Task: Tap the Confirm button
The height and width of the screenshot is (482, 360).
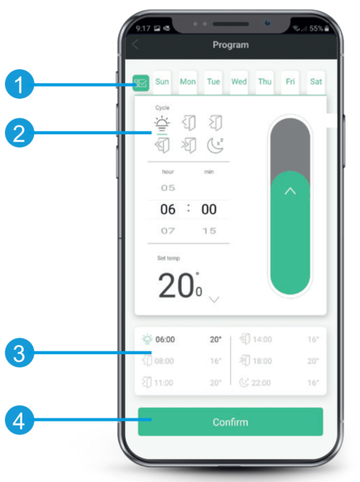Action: coord(230,421)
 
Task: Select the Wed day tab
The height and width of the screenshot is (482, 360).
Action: coord(239,82)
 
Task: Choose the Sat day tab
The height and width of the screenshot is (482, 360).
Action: coord(316,82)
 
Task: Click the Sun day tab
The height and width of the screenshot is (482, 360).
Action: coord(162,82)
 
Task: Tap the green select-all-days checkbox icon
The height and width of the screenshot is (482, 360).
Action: coord(141,83)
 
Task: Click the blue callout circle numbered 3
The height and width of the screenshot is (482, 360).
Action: coord(19,353)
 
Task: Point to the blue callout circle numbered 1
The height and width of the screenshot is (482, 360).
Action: coord(19,84)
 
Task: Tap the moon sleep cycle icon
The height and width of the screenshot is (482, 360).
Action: coord(215,145)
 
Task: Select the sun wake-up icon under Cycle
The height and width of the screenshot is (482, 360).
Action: coord(162,123)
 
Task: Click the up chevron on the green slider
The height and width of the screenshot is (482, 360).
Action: coord(290,191)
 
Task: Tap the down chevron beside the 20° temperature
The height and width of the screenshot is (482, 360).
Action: coord(214,299)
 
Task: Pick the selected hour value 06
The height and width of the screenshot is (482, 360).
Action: coord(168,209)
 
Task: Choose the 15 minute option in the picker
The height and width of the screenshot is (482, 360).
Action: coord(209,231)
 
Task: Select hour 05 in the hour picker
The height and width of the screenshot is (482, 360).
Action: coord(168,188)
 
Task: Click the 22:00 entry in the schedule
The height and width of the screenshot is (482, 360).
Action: coord(261,382)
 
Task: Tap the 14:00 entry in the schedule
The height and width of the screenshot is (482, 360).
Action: coord(262,339)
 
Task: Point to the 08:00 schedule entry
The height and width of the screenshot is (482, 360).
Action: coord(164,361)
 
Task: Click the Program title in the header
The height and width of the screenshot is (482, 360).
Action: coord(231,45)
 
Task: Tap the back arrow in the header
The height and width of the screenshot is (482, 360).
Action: coord(135,45)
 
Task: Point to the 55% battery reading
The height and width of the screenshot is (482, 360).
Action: coord(316,29)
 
